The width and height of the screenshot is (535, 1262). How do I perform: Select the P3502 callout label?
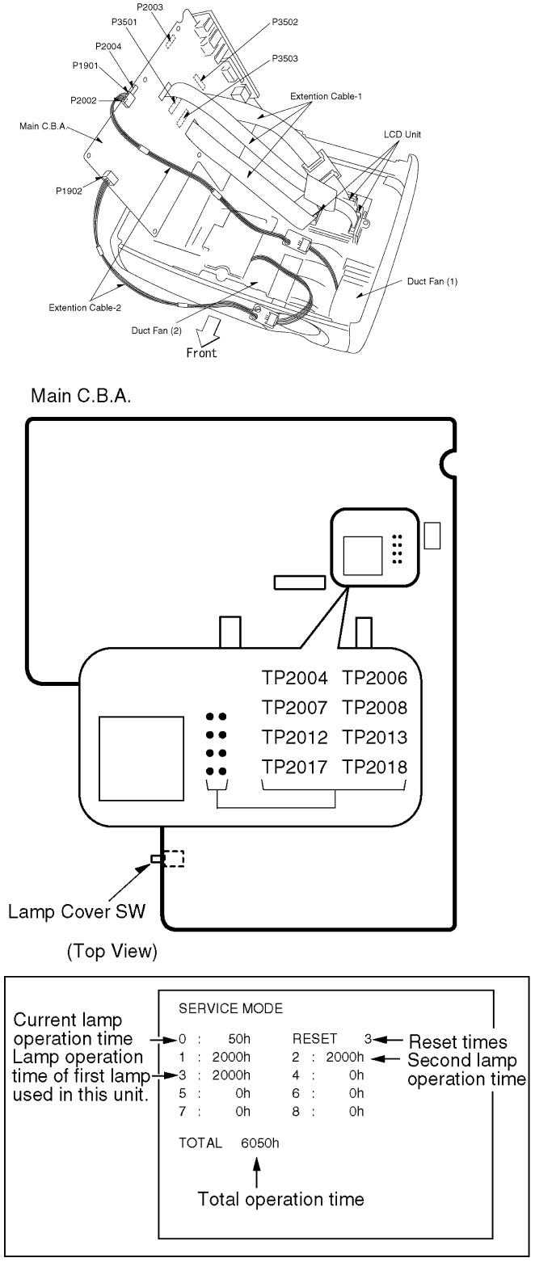pyautogui.click(x=285, y=22)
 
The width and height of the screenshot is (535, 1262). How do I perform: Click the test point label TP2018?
pyautogui.click(x=374, y=765)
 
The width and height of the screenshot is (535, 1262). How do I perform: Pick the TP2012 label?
pyautogui.click(x=294, y=737)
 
